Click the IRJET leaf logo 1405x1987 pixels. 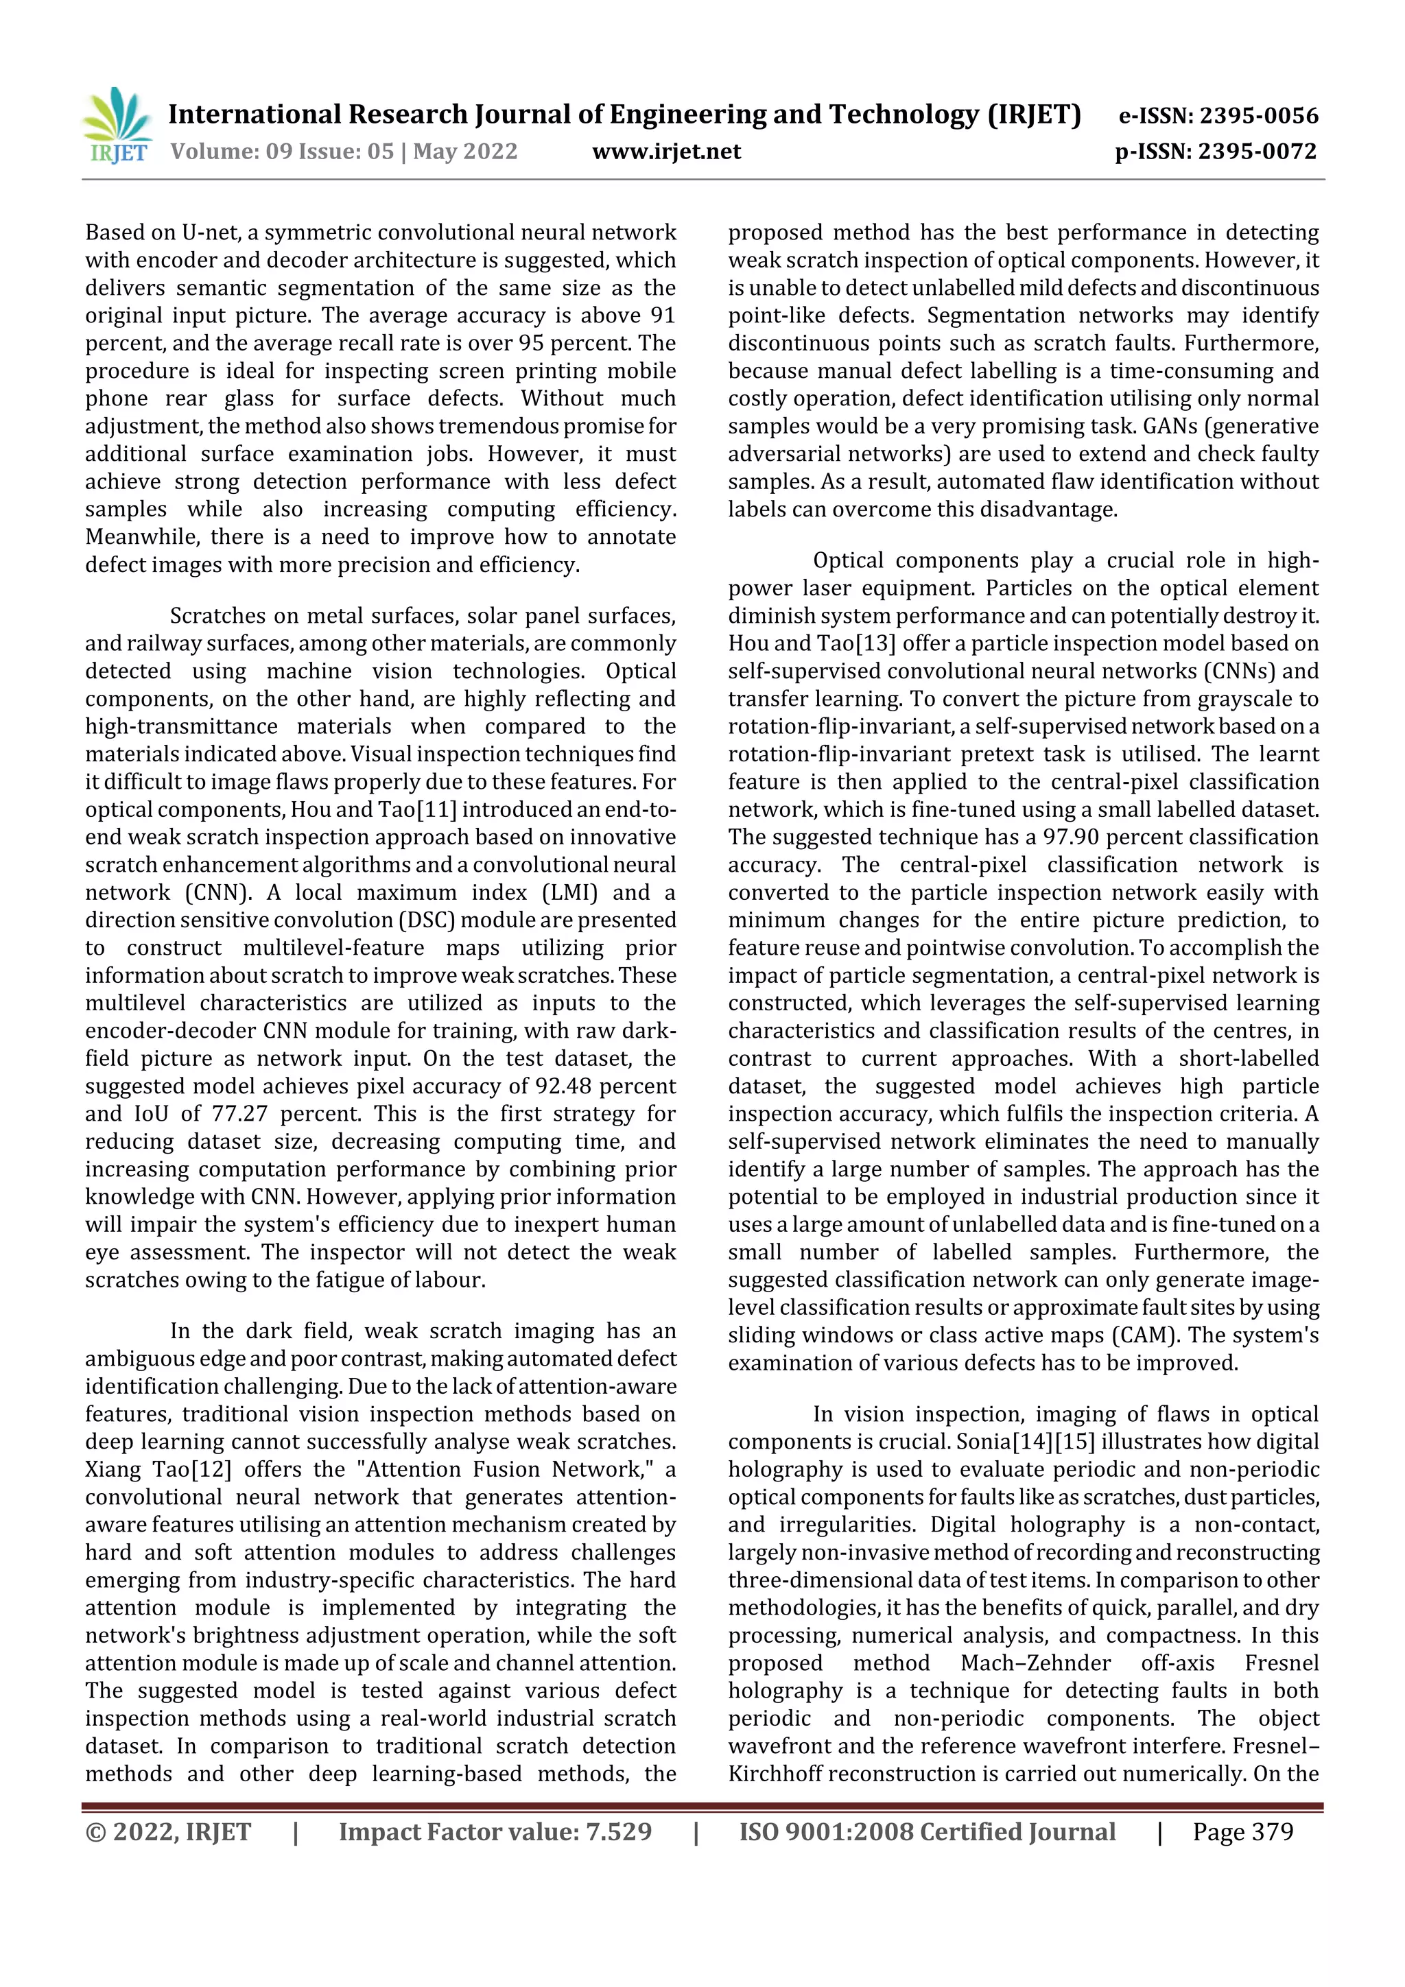[117, 126]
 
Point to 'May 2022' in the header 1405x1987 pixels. [465, 152]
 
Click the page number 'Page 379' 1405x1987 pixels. [1242, 1831]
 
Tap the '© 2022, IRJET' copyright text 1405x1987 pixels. [168, 1831]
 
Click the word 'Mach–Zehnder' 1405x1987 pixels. [1035, 1663]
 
